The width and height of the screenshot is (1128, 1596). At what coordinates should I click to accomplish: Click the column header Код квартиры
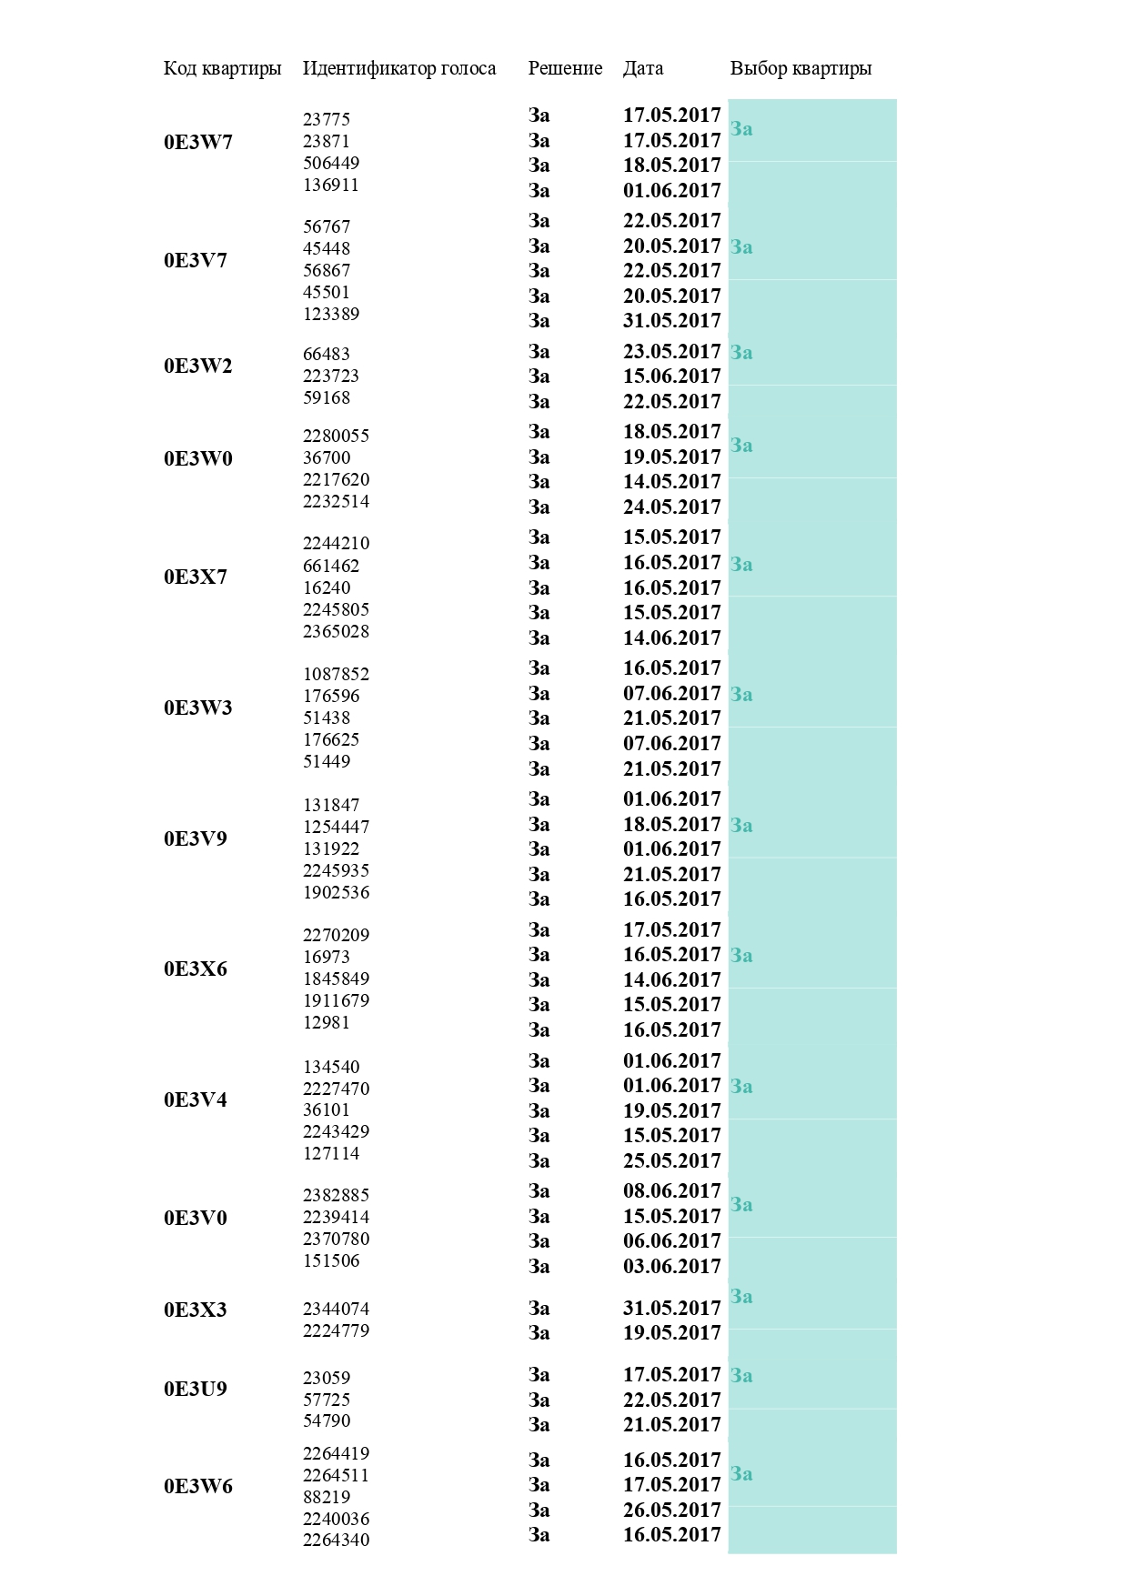click(x=222, y=68)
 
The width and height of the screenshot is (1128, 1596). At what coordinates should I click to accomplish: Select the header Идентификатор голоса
click(x=399, y=68)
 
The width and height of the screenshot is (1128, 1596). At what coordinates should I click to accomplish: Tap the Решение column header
click(x=565, y=68)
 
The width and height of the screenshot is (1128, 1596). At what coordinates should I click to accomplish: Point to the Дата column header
click(x=643, y=68)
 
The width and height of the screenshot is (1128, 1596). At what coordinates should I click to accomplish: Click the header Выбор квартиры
click(x=801, y=68)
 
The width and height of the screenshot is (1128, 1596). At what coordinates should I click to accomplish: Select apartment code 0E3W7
click(x=198, y=142)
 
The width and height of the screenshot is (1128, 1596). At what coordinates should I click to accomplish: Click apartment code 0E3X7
click(x=196, y=577)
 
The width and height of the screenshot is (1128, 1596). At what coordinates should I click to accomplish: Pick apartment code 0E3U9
click(x=196, y=1389)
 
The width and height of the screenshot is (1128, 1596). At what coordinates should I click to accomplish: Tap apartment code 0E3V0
click(x=196, y=1218)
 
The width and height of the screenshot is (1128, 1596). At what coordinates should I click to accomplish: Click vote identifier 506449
click(x=331, y=163)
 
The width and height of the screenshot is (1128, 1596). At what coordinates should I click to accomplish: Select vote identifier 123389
click(x=331, y=314)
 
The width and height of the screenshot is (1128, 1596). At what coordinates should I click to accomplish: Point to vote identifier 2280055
click(x=336, y=436)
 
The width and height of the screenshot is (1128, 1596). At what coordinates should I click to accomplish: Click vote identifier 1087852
click(x=336, y=674)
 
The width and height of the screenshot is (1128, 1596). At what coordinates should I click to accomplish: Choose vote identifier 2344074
click(x=336, y=1309)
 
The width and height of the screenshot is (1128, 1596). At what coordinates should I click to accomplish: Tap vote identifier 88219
click(x=327, y=1497)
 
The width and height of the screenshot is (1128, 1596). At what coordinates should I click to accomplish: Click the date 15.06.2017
click(x=671, y=376)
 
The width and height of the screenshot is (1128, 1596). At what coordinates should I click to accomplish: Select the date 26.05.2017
click(x=671, y=1510)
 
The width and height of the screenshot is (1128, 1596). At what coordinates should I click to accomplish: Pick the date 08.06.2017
click(x=671, y=1191)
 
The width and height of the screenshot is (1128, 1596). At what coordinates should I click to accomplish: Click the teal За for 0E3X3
click(x=741, y=1296)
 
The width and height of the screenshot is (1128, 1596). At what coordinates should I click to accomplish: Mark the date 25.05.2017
click(x=671, y=1160)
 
